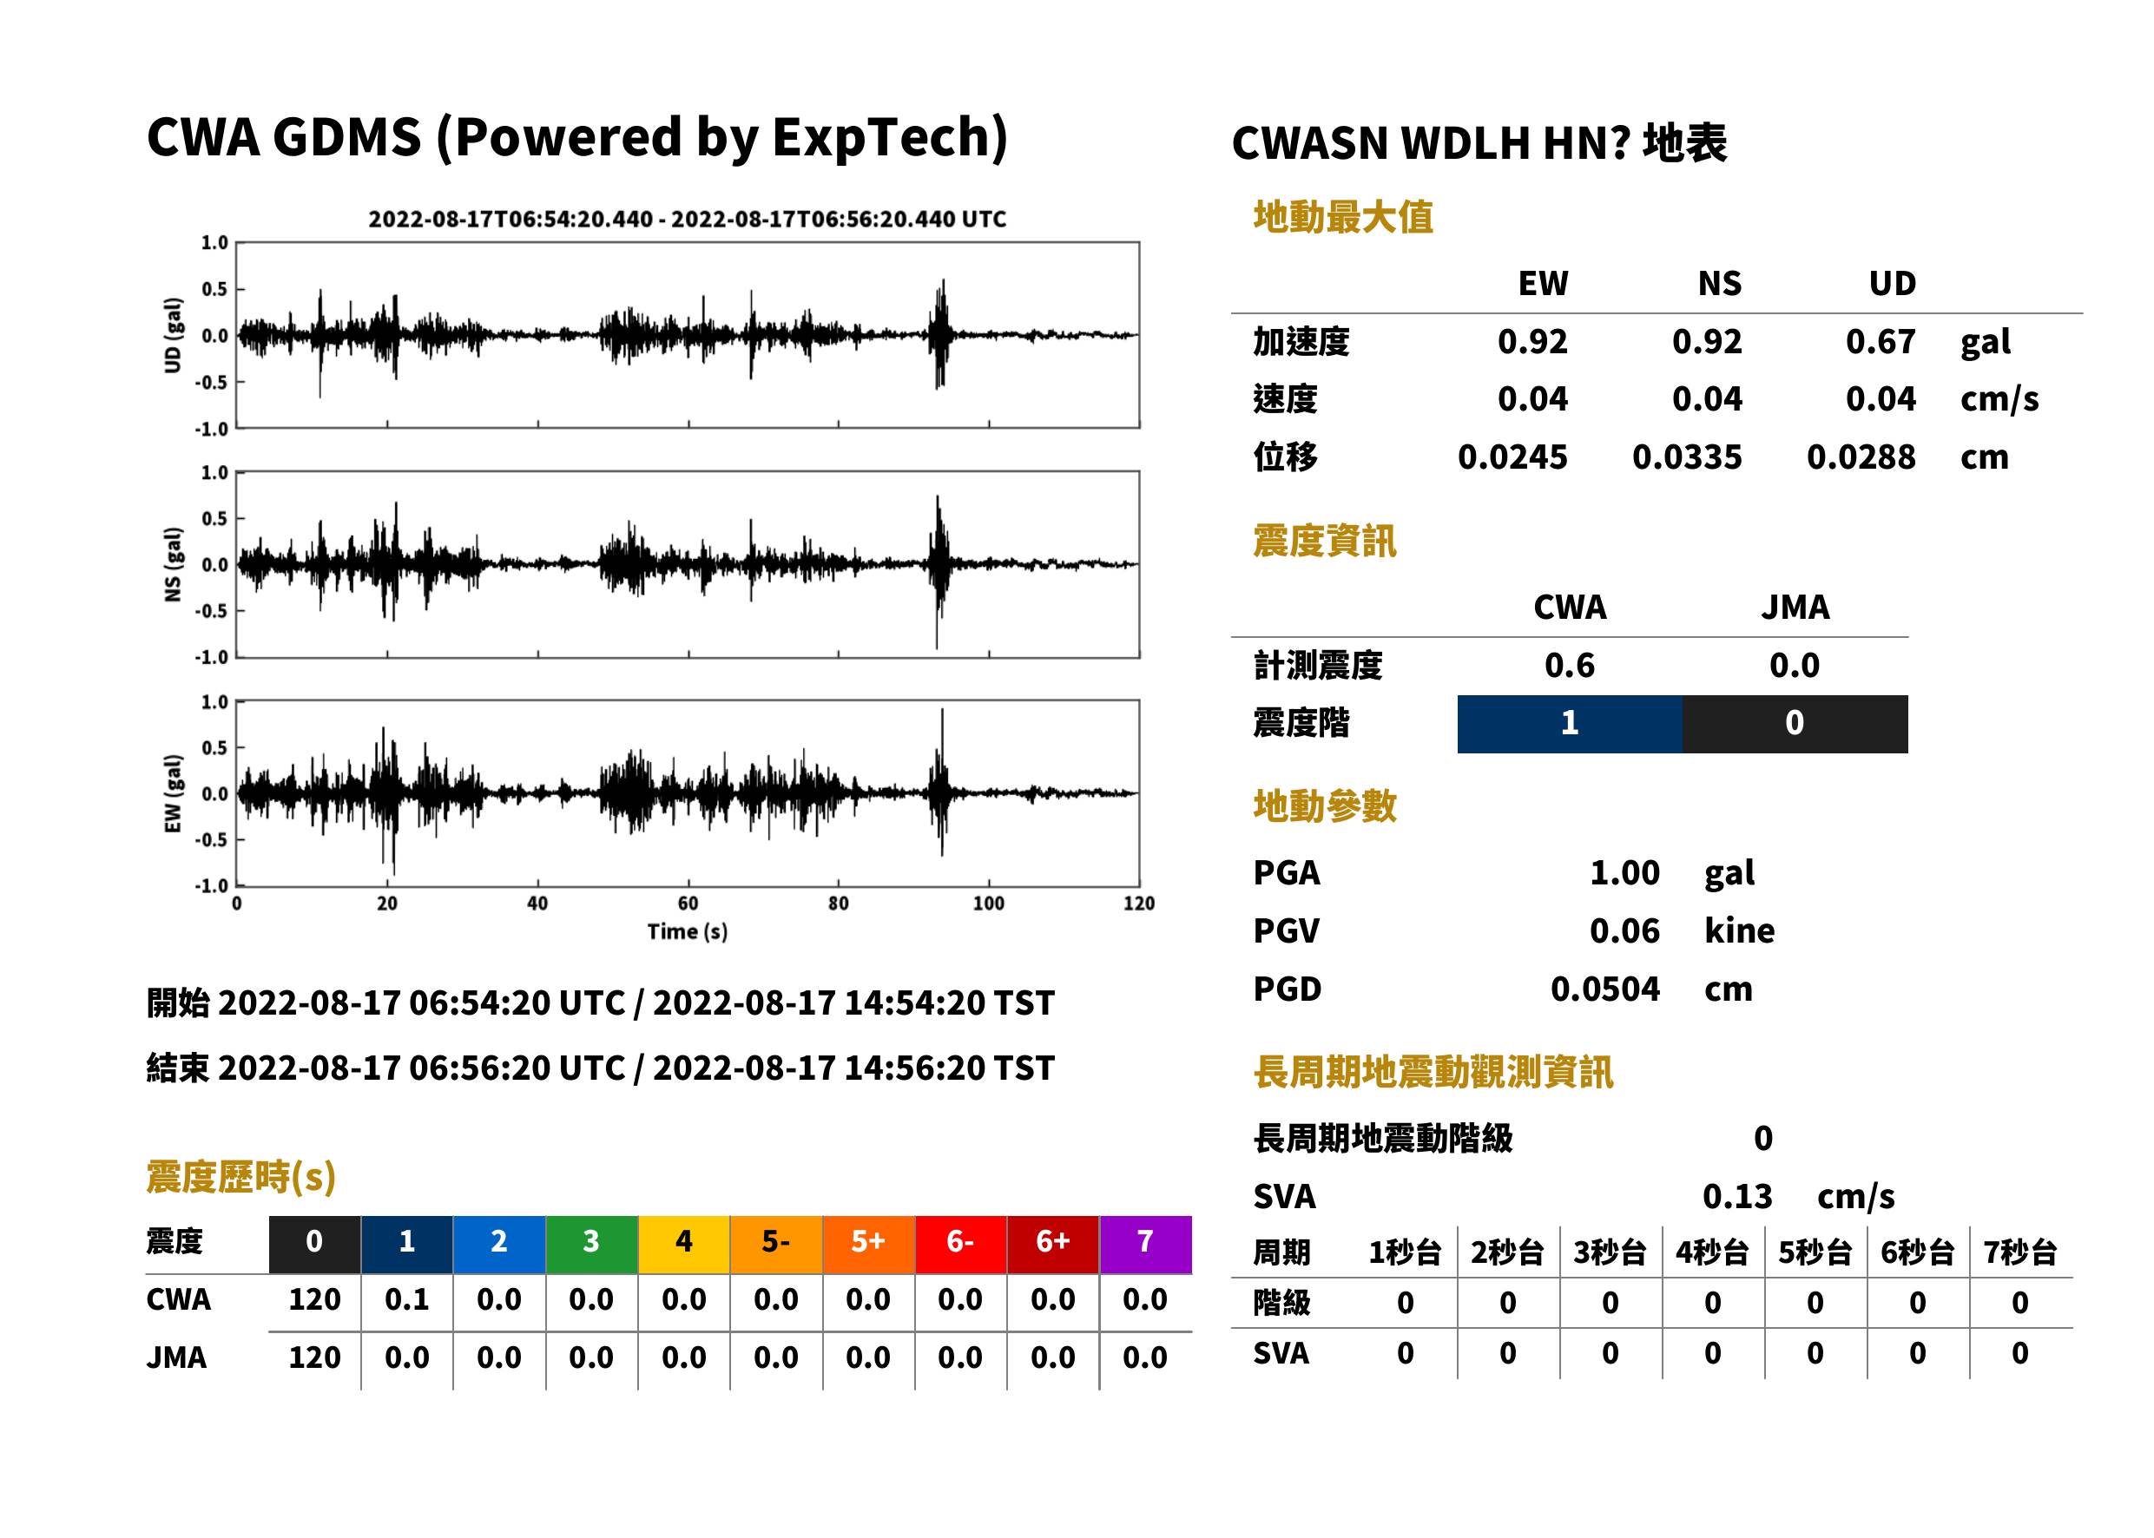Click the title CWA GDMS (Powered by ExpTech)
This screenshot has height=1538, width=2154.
pyautogui.click(x=576, y=138)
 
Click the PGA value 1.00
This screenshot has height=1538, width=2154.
pyautogui.click(x=1624, y=872)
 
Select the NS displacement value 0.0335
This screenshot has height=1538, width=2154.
pyautogui.click(x=1687, y=457)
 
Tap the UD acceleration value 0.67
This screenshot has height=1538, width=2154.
pyautogui.click(x=1881, y=342)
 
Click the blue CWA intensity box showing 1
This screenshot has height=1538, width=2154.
pyautogui.click(x=1570, y=724)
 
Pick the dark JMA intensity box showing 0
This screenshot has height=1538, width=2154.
pyautogui.click(x=1795, y=724)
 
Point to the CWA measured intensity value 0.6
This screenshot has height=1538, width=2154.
pyautogui.click(x=1570, y=666)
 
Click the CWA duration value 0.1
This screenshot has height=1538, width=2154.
pyautogui.click(x=407, y=1300)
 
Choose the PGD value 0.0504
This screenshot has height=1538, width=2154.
pyautogui.click(x=1605, y=989)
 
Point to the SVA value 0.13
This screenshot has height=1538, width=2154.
pyautogui.click(x=1737, y=1196)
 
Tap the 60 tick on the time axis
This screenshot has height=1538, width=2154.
pyautogui.click(x=688, y=904)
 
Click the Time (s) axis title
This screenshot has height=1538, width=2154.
pyautogui.click(x=688, y=932)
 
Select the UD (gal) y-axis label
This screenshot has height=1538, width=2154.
pyautogui.click(x=173, y=335)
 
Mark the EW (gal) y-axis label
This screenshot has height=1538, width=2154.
pyautogui.click(x=173, y=793)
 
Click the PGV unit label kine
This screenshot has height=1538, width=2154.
pyautogui.click(x=1739, y=931)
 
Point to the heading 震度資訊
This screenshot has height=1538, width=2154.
pyautogui.click(x=1324, y=542)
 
